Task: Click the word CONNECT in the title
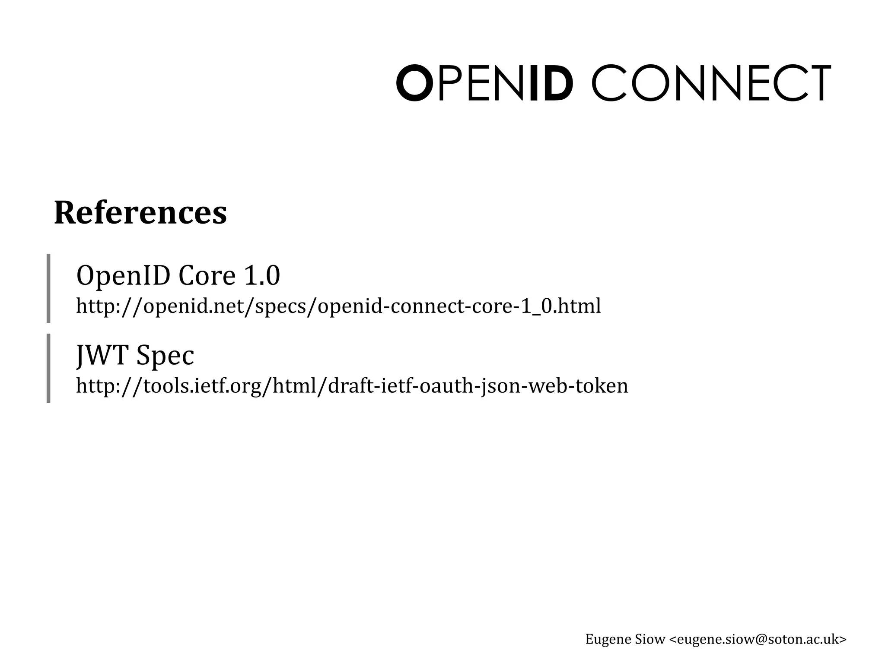(711, 83)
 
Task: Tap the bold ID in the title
(551, 83)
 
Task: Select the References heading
(140, 213)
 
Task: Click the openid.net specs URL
(338, 306)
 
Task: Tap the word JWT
(102, 355)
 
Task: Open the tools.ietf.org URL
(352, 386)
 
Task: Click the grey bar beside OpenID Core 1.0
(48, 288)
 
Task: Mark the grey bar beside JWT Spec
(48, 368)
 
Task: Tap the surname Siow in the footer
(650, 639)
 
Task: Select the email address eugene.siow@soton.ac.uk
(758, 639)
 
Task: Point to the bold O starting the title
(414, 83)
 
